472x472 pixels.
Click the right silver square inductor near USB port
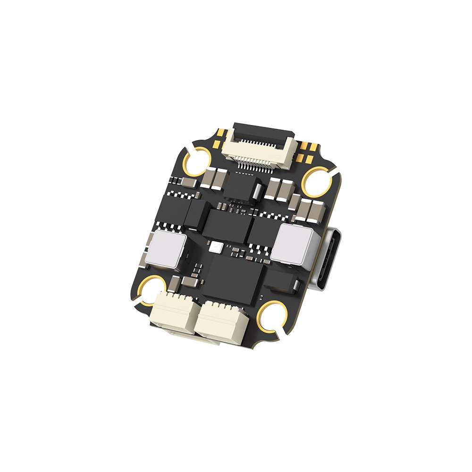293,243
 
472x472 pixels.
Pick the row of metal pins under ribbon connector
255,163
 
